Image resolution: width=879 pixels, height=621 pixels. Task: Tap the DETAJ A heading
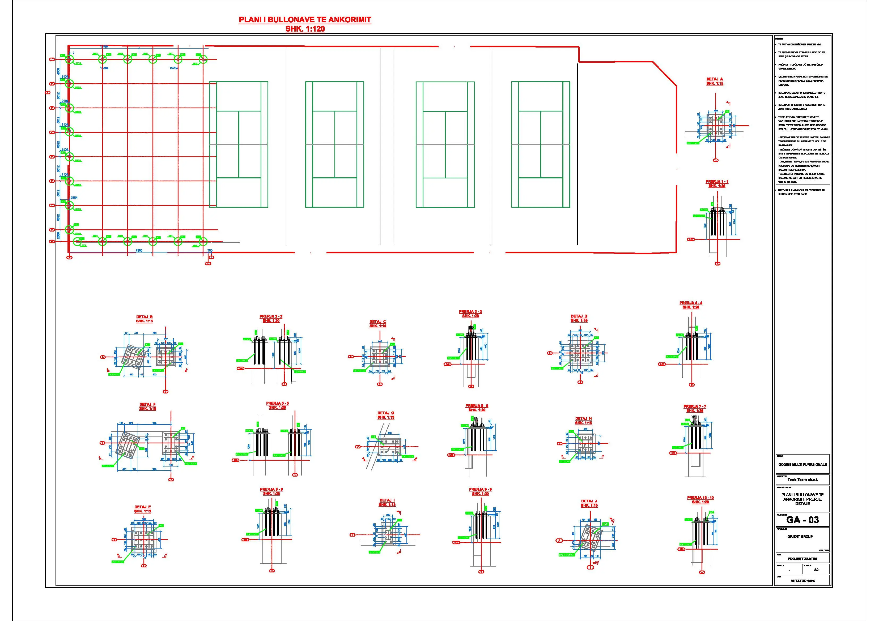click(x=714, y=79)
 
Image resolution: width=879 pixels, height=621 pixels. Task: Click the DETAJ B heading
click(x=144, y=317)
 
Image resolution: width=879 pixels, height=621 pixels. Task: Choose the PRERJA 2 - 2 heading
click(x=271, y=316)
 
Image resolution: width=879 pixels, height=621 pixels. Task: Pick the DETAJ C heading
click(x=377, y=322)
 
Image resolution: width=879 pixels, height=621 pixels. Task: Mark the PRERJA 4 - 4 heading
click(x=691, y=303)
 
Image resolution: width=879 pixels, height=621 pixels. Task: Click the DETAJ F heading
click(x=147, y=404)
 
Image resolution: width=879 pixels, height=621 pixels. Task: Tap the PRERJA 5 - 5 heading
click(x=277, y=403)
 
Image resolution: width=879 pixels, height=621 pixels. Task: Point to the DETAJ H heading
click(x=583, y=419)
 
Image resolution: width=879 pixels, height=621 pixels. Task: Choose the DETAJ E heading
click(x=142, y=507)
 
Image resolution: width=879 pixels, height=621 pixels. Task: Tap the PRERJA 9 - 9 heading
click(x=480, y=489)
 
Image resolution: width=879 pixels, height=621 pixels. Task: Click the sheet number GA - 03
click(x=802, y=520)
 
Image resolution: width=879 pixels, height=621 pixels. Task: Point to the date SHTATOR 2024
click(x=802, y=581)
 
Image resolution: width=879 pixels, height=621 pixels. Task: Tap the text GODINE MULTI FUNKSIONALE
click(x=802, y=465)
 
